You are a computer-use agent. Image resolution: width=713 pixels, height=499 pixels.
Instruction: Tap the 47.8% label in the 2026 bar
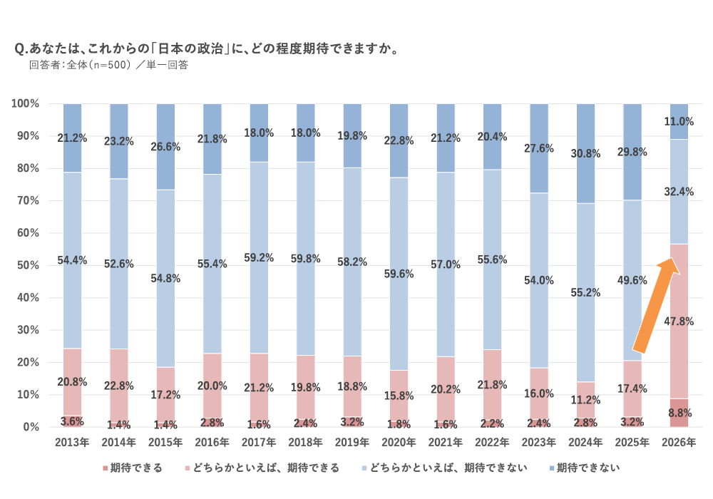click(x=678, y=321)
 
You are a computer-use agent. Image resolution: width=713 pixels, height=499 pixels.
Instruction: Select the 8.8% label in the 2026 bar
click(x=678, y=412)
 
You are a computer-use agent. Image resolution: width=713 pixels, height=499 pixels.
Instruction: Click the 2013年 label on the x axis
click(x=72, y=443)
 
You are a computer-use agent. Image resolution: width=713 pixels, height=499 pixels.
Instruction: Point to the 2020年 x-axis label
click(x=399, y=443)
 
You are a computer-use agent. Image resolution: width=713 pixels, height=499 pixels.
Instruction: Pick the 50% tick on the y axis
click(x=26, y=265)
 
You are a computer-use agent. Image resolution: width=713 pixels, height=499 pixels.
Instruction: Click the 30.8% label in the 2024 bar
click(x=585, y=153)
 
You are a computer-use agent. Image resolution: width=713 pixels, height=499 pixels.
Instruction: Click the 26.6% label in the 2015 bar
click(x=165, y=147)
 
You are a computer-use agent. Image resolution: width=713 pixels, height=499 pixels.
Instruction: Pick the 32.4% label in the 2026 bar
click(x=678, y=192)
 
